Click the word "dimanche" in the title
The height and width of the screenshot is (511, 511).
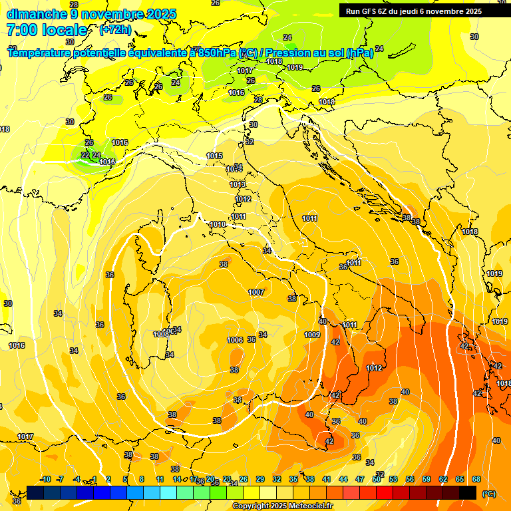coord(35,14)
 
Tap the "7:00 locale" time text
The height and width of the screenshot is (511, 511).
coord(47,30)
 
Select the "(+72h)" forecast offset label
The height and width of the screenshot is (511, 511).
coord(115,30)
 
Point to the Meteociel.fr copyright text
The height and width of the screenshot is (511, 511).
coord(282,506)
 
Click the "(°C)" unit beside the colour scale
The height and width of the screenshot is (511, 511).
coord(488,494)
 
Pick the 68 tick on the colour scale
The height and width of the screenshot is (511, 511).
coord(476,479)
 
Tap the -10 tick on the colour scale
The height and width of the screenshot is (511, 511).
coord(45,479)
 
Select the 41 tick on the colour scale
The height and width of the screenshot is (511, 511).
coord(327,479)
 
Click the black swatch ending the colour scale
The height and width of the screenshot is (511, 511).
coord(468,492)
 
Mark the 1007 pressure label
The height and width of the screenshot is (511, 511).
coord(256,292)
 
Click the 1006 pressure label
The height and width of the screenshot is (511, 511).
coord(235,340)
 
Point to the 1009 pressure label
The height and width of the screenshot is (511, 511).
coord(312,335)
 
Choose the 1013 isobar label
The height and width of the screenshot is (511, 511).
coord(238,184)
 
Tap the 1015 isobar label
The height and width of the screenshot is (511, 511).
coord(214,156)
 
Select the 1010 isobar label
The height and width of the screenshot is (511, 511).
coord(218,225)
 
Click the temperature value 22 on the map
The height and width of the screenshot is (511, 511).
coord(85,155)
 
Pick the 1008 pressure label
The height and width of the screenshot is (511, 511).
coord(161,334)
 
